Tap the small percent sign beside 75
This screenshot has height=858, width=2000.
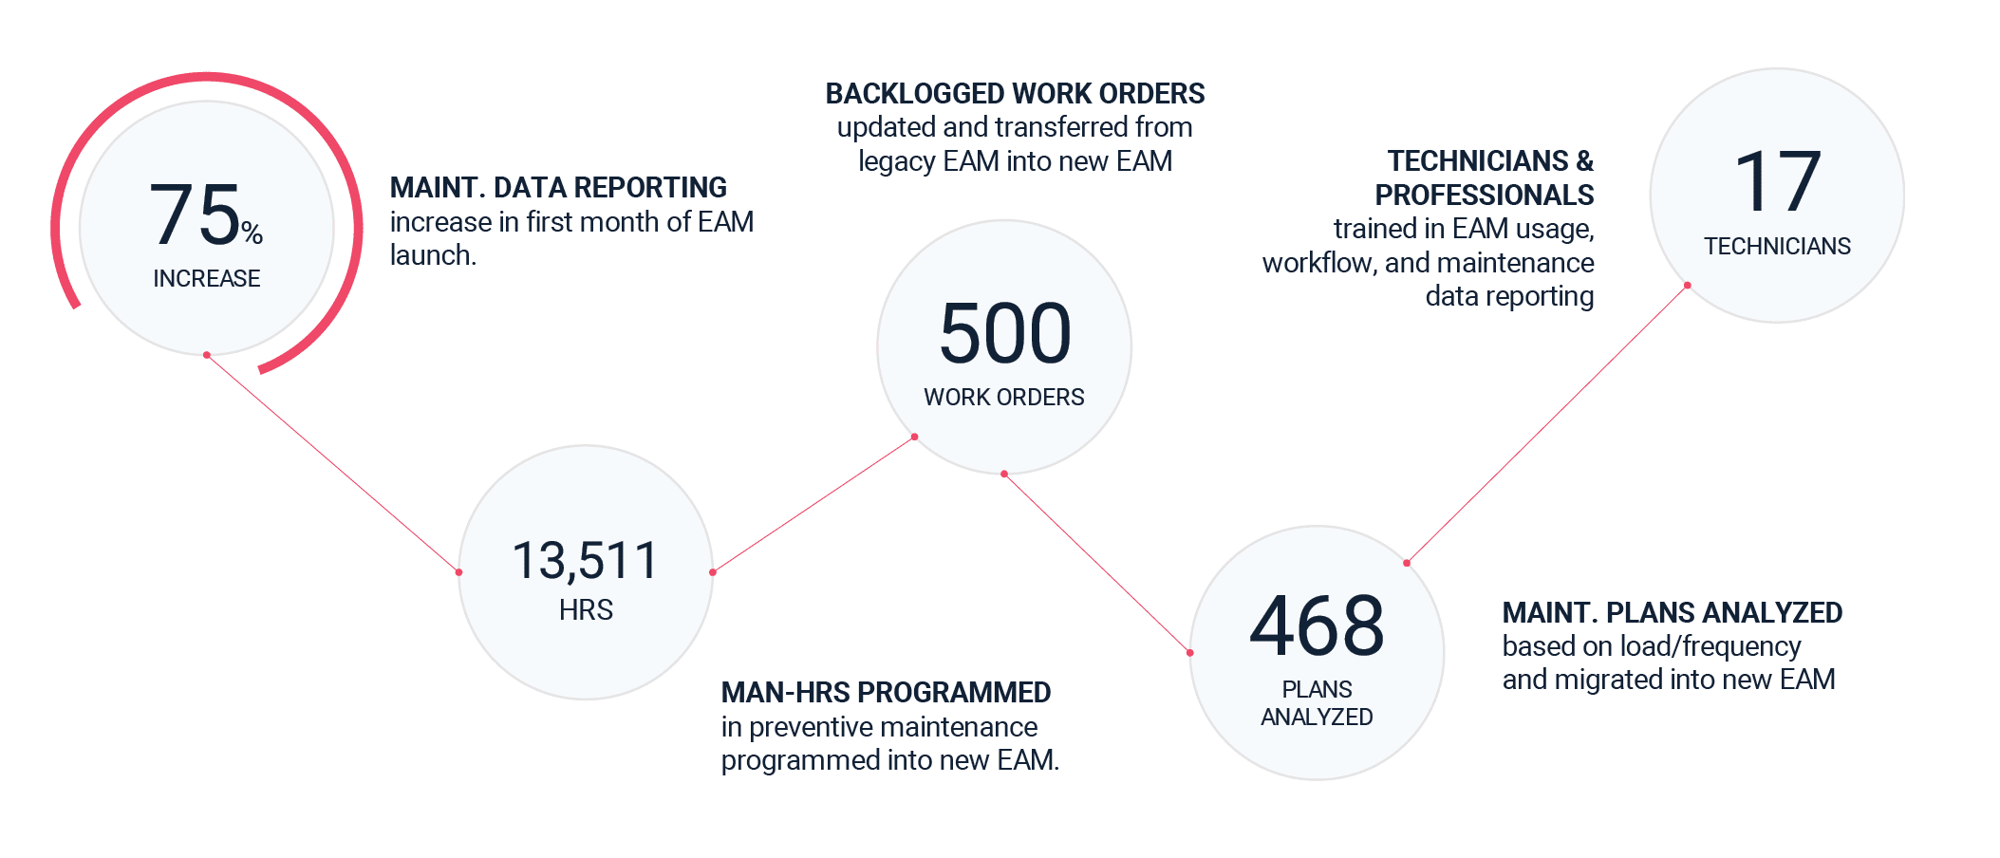(x=252, y=232)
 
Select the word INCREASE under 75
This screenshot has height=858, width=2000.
(x=206, y=278)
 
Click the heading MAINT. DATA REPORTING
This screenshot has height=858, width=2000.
(x=558, y=187)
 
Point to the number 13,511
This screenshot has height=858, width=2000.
(x=585, y=560)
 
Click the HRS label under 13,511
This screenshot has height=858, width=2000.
(x=586, y=609)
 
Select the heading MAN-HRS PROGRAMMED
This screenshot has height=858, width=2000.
(x=885, y=692)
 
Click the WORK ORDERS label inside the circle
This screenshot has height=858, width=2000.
(x=1003, y=397)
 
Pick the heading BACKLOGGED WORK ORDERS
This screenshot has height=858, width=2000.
(x=1014, y=93)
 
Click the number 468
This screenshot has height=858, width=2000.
(x=1316, y=625)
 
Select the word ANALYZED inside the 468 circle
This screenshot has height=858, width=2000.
(x=1316, y=717)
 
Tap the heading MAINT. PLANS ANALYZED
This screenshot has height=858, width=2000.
(x=1671, y=612)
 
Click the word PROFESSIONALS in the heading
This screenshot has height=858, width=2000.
(x=1484, y=195)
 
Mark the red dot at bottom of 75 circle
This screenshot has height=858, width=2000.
(x=206, y=355)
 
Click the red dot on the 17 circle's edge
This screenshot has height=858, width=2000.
(x=1687, y=285)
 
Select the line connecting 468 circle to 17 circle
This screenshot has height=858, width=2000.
(x=1547, y=423)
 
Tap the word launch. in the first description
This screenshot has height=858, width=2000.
(x=433, y=255)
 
